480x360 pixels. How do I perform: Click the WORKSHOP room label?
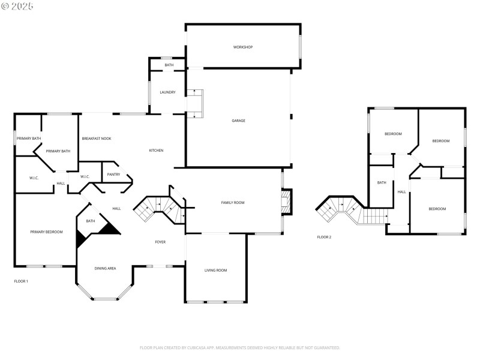[x=243, y=47]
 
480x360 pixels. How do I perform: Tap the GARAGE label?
[x=238, y=121]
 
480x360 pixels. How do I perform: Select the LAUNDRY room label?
[x=167, y=92]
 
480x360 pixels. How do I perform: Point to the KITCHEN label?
[x=156, y=150]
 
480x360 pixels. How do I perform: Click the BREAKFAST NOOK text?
[x=97, y=139]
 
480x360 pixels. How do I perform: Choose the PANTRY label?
[x=113, y=175]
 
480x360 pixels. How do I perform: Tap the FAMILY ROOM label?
[x=232, y=203]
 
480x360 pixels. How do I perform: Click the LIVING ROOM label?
[x=215, y=271]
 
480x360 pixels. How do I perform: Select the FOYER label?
[x=160, y=242]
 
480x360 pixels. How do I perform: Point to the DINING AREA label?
[x=105, y=268]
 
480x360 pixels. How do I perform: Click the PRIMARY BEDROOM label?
[x=46, y=232]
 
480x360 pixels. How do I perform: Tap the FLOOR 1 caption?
[x=21, y=281]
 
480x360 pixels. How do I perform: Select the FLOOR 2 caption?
[x=324, y=237]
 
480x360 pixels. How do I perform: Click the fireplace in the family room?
[x=287, y=202]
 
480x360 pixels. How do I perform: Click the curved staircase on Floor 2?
[x=339, y=210]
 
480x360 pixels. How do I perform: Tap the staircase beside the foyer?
[x=158, y=209]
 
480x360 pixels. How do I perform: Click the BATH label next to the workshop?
[x=169, y=65]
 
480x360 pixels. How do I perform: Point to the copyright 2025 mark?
[x=17, y=6]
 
